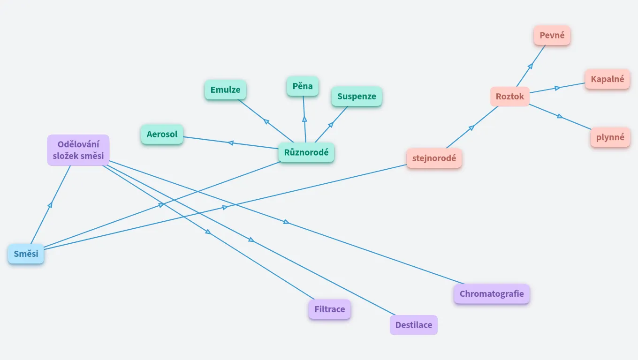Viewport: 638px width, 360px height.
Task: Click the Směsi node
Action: [x=26, y=254]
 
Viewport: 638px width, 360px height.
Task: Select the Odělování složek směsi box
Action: [x=78, y=150]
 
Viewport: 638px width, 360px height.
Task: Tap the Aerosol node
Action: [x=162, y=135]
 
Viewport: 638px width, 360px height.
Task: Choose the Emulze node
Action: [x=225, y=90]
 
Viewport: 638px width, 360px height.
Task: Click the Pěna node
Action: [x=303, y=86]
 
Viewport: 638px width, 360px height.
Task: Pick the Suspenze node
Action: [x=357, y=97]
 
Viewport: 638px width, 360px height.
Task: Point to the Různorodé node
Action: [x=306, y=152]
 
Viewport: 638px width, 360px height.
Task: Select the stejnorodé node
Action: [x=434, y=158]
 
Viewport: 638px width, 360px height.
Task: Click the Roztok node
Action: [x=510, y=97]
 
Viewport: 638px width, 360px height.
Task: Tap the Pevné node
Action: [x=552, y=35]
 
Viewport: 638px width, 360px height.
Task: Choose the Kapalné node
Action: [x=607, y=79]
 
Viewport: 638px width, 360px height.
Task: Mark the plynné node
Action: [x=610, y=137]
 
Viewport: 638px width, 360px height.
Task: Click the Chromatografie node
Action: [x=491, y=294]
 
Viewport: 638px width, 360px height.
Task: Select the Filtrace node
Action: [x=329, y=309]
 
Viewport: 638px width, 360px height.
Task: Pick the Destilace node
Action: [x=413, y=325]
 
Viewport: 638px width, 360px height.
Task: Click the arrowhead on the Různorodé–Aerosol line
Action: [x=230, y=142]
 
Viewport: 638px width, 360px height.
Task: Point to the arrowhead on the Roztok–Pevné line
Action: [x=531, y=67]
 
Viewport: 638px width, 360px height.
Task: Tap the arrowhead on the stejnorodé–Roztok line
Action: [x=471, y=127]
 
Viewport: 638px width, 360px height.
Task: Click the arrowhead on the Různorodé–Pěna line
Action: [x=304, y=119]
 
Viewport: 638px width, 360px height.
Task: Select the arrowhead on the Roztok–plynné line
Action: [x=560, y=116]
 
